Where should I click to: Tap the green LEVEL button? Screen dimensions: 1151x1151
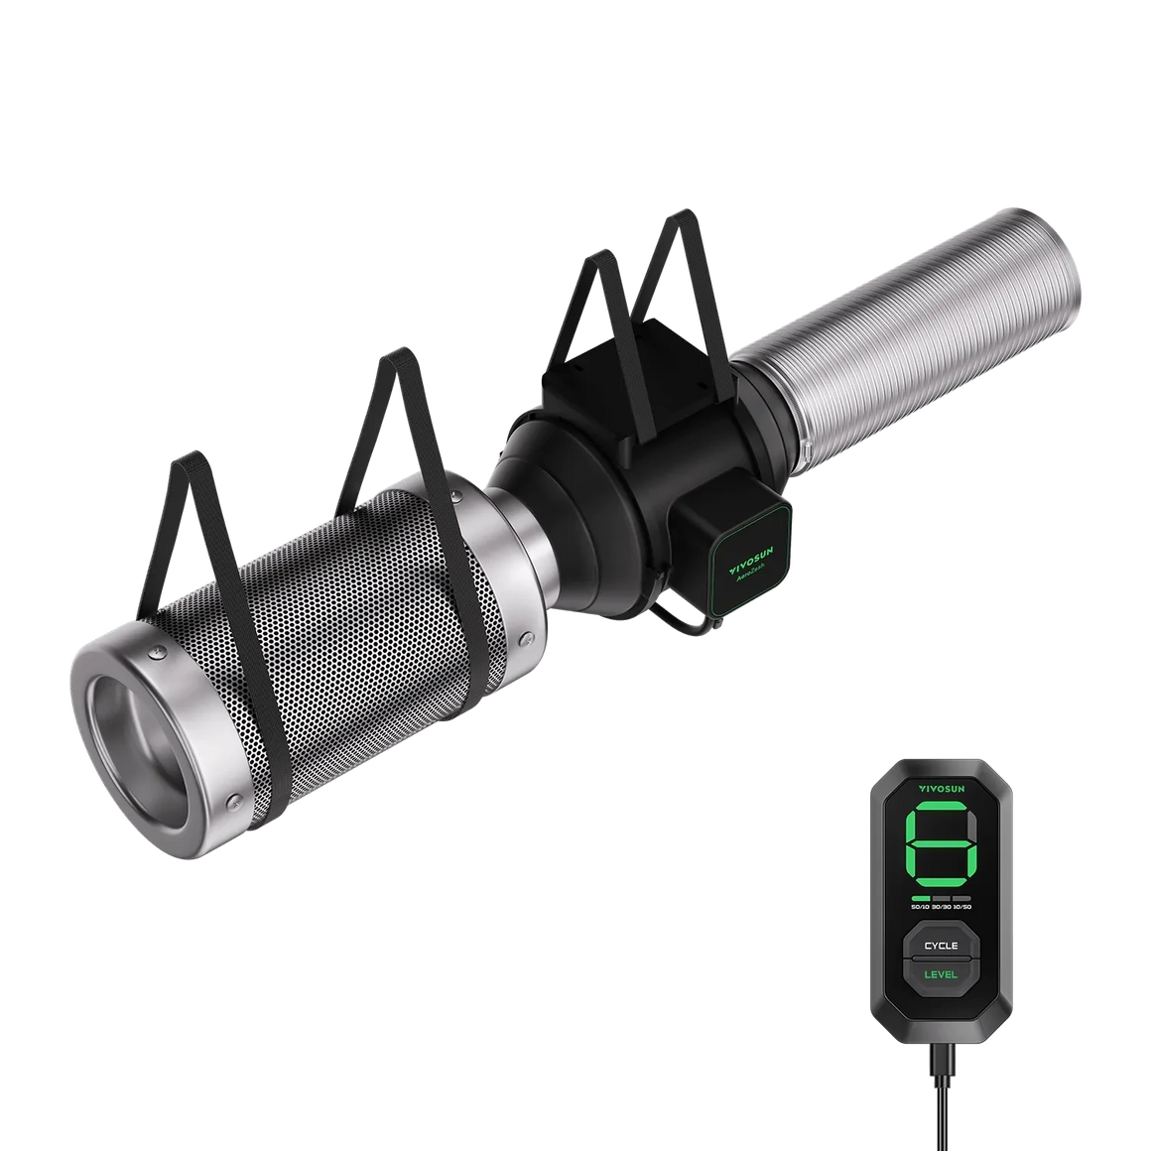point(940,974)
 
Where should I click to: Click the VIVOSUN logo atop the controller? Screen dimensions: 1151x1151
point(940,786)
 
